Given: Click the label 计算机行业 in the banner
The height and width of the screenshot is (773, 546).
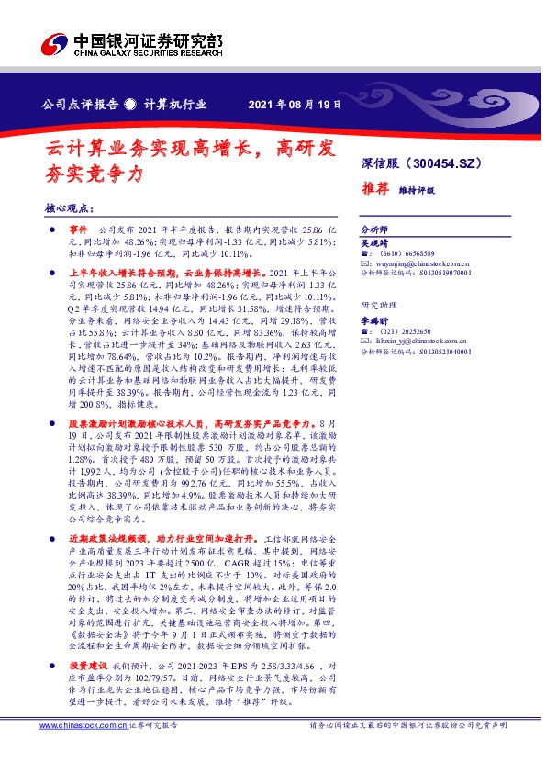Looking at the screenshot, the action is pyautogui.click(x=174, y=105).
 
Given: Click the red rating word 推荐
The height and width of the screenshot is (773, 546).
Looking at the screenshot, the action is pyautogui.click(x=374, y=190).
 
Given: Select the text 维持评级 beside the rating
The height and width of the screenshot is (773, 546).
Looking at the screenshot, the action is pyautogui.click(x=418, y=191).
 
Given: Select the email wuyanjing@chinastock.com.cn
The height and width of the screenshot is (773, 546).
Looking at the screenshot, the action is pyautogui.click(x=426, y=263).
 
